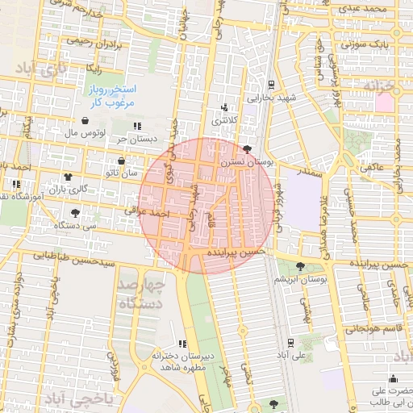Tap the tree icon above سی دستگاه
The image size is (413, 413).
[75, 213]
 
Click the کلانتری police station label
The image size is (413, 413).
[225, 120]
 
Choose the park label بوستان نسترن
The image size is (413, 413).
[271, 162]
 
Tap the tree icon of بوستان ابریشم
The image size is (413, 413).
[301, 266]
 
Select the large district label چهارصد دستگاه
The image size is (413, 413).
[141, 294]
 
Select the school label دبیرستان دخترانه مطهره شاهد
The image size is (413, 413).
[182, 361]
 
